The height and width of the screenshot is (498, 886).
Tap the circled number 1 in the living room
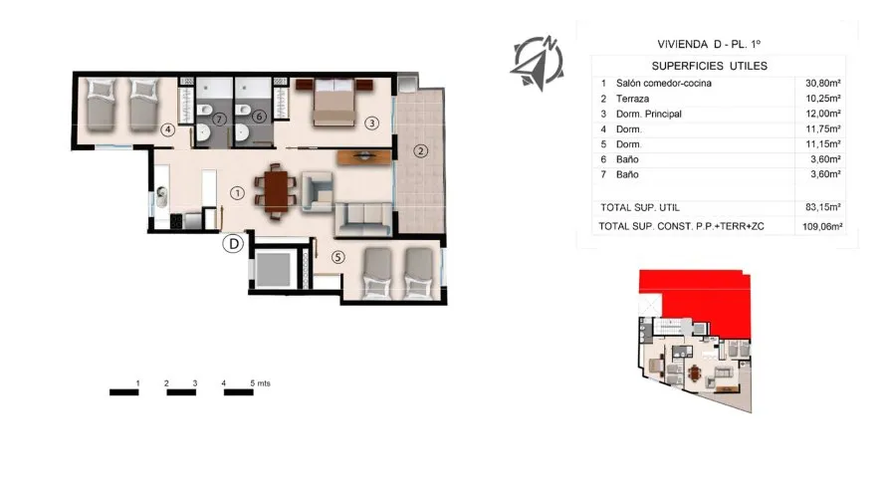pyautogui.click(x=237, y=192)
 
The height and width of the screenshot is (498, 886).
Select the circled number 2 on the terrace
pyautogui.click(x=421, y=151)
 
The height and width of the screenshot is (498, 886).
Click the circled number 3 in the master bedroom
pyautogui.click(x=371, y=124)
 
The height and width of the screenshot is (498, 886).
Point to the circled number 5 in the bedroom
pyautogui.click(x=338, y=256)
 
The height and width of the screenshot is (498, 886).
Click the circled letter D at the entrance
pyautogui.click(x=232, y=242)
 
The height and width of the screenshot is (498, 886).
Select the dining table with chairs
pyautogui.click(x=275, y=191)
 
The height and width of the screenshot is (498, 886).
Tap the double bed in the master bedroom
pyautogui.click(x=337, y=103)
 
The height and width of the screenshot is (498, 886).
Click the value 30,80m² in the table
pyautogui.click(x=823, y=84)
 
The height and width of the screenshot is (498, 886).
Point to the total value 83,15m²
pyautogui.click(x=823, y=207)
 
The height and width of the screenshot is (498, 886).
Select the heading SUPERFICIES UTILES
pyautogui.click(x=716, y=65)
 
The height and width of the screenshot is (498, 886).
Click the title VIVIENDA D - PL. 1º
pyautogui.click(x=716, y=44)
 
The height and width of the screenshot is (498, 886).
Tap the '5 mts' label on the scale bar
pyautogui.click(x=260, y=382)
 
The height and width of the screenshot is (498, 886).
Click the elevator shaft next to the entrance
pyautogui.click(x=272, y=268)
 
